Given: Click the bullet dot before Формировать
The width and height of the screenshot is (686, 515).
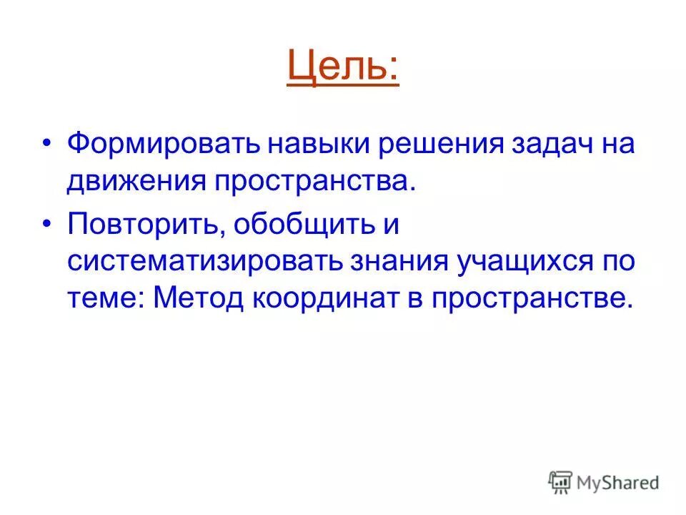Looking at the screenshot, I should tap(48, 144).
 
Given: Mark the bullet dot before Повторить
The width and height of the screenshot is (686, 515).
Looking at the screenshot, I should tap(48, 223).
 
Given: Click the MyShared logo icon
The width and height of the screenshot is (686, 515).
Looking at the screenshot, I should tap(562, 483).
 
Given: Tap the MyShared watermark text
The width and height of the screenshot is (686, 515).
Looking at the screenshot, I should tap(618, 484).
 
